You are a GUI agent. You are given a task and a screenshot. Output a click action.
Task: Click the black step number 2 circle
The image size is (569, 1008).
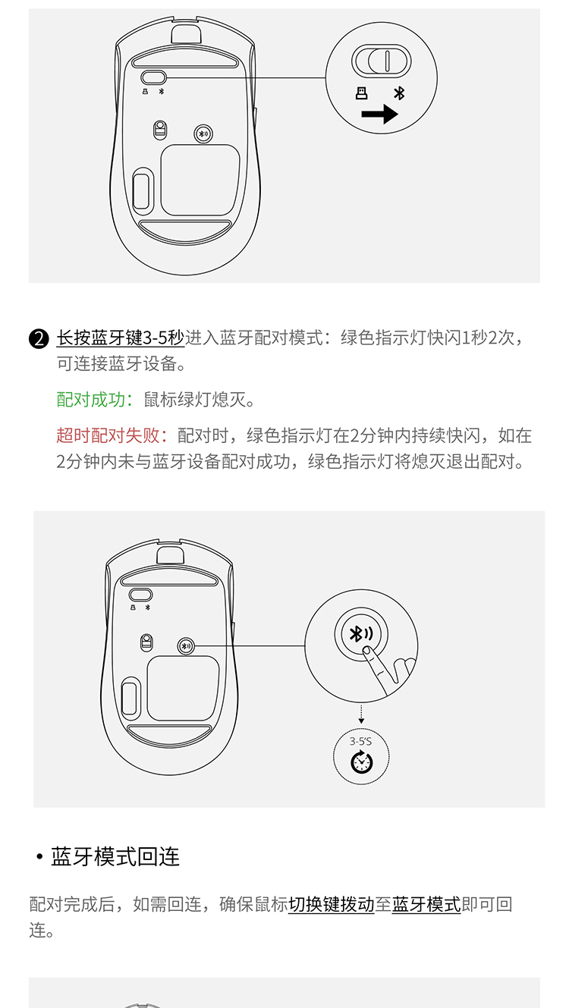point(39,339)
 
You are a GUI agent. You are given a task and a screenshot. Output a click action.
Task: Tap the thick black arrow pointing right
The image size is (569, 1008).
point(379,114)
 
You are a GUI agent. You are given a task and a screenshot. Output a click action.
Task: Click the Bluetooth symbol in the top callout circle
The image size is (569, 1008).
point(399,93)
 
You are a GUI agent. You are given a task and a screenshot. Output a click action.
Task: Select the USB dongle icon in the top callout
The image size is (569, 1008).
point(361,93)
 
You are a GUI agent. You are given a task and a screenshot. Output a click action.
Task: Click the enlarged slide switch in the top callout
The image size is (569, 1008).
point(382,61)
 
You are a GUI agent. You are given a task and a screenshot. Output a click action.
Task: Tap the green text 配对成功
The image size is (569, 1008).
point(90,399)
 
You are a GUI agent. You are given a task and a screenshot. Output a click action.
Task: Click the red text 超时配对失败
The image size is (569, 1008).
point(108,435)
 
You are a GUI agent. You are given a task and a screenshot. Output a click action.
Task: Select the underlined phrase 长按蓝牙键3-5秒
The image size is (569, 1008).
point(120,338)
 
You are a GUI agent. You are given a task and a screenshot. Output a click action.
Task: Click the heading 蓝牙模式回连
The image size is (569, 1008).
point(115,856)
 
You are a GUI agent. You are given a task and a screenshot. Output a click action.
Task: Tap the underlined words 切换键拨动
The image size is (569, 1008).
point(332,904)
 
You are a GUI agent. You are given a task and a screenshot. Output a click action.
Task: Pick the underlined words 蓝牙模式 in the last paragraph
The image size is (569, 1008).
point(426,904)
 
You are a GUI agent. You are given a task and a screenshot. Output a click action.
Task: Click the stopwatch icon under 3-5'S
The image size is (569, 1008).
point(361,761)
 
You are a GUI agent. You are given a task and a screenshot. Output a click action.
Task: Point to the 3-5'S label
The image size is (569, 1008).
point(360,741)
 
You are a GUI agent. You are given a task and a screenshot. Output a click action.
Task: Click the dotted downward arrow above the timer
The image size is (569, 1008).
point(361,714)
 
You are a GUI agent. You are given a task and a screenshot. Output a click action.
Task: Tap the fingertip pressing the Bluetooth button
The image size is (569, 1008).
point(367,650)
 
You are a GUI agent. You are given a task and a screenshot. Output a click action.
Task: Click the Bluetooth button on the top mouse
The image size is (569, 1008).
point(203,133)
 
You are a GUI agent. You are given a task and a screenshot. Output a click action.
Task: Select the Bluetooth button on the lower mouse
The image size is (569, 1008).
point(186,646)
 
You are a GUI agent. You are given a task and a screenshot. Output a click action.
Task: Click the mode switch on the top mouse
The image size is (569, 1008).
point(153,77)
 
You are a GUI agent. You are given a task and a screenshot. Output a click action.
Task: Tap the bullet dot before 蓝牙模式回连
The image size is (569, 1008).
point(39,856)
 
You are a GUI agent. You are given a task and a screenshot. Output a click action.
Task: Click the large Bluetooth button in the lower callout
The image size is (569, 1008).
point(361,634)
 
